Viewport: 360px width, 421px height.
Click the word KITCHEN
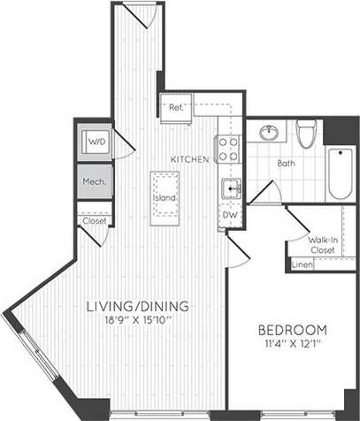tap(190, 158)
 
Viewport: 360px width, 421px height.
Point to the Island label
tap(165, 197)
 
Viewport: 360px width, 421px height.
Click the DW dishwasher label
tap(228, 216)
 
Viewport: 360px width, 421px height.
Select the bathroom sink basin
tap(267, 134)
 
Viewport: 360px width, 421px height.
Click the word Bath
tap(286, 165)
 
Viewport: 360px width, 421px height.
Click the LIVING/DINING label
tap(137, 307)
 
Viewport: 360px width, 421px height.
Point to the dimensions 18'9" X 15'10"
tap(137, 322)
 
